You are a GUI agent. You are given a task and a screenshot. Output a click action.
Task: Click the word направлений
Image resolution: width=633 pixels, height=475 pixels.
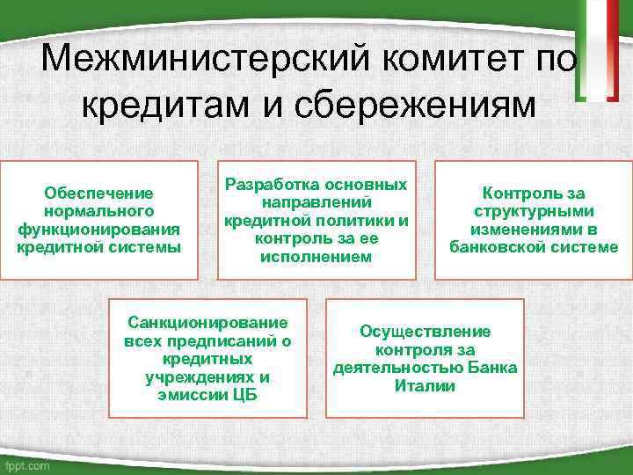pos(316,202)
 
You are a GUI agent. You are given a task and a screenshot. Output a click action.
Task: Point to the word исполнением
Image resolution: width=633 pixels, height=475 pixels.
pos(316,257)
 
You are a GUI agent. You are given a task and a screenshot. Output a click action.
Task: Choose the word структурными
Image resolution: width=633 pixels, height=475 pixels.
pos(534,211)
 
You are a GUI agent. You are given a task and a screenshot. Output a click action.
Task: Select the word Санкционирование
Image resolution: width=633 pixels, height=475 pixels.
pos(207,323)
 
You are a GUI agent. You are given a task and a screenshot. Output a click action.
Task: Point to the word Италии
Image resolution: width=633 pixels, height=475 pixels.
pos(425,385)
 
